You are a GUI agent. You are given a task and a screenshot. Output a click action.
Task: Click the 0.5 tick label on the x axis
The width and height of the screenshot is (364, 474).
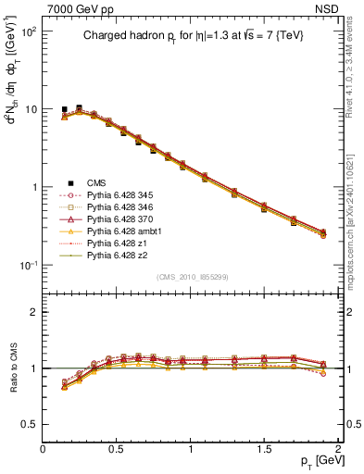coord(117,449)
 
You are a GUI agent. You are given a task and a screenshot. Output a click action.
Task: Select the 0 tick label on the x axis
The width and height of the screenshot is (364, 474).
coord(43,449)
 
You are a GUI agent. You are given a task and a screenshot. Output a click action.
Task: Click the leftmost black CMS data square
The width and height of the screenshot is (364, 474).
coord(65,109)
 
